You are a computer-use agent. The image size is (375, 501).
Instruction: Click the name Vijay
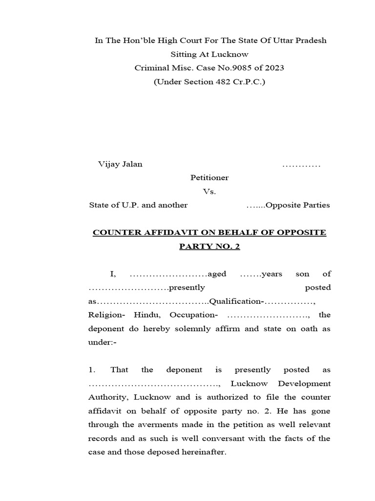coord(108,164)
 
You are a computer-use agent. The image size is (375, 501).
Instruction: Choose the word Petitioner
coord(209,178)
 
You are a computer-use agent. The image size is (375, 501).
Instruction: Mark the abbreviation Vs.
coord(209,191)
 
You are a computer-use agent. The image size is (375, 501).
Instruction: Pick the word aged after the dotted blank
coord(217,273)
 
